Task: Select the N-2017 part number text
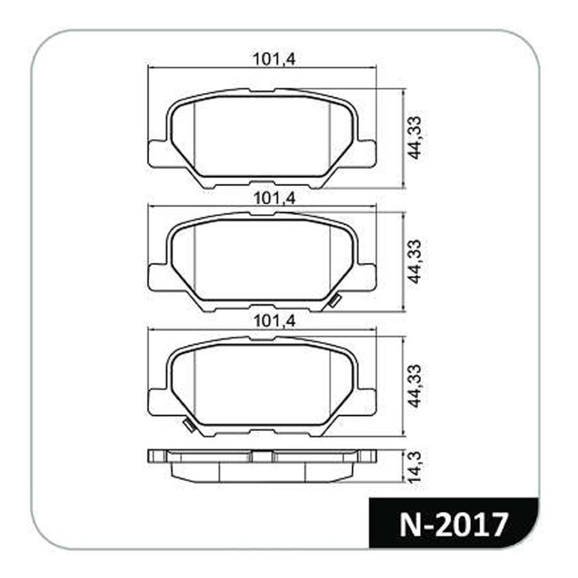coord(455,524)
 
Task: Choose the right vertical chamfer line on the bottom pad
coord(330,386)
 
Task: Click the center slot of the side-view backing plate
coord(262,457)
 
